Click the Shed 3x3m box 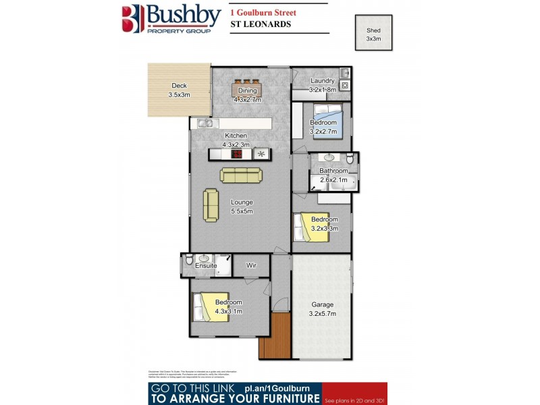coord(373,34)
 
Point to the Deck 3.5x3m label coord(179,90)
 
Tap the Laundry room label coord(323,86)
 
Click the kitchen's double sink coord(205,124)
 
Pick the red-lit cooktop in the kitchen coord(238,154)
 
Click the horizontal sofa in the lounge coord(240,175)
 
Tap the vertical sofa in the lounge coord(211,204)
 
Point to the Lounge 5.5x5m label coord(242,207)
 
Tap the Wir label coord(250,266)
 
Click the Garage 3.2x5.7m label coord(322,309)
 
